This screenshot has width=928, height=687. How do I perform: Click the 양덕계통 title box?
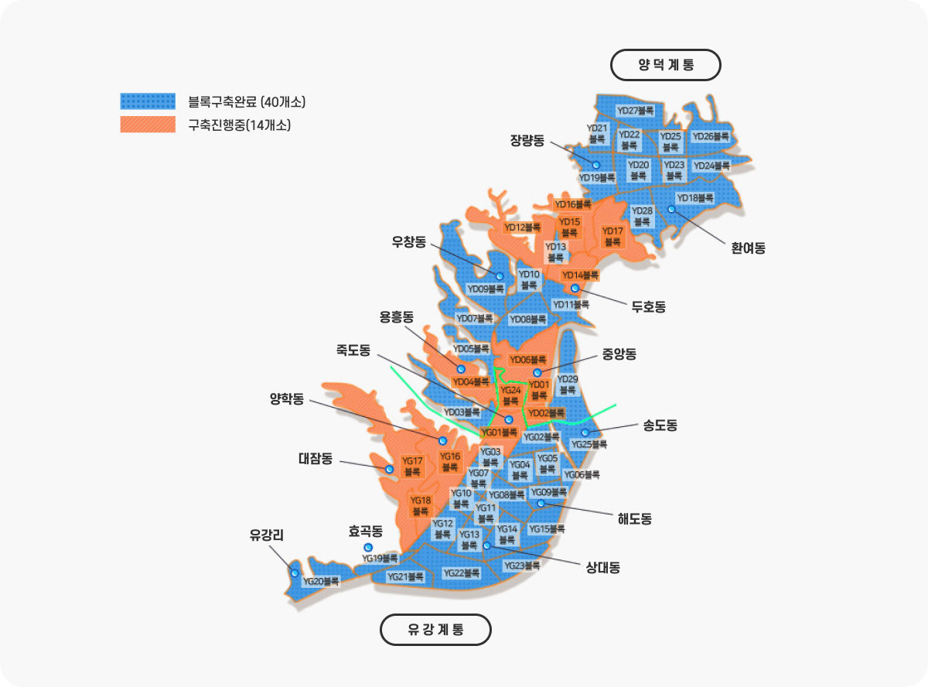[x=666, y=65]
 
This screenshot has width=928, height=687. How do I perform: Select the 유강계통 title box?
[x=435, y=630]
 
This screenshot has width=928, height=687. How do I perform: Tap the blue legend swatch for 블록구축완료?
[x=148, y=101]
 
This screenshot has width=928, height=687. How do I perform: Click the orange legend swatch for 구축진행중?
[x=148, y=124]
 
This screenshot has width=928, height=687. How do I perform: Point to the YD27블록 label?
[x=635, y=111]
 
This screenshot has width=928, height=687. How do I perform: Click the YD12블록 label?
[x=523, y=227]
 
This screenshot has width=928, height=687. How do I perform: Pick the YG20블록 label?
[x=321, y=581]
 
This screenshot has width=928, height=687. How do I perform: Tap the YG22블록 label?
[x=462, y=573]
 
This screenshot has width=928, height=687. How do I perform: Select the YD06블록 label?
[x=528, y=360]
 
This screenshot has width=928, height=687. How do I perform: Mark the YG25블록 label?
[x=589, y=444]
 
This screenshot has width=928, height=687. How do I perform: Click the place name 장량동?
[x=527, y=140]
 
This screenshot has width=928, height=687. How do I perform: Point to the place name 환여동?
[x=748, y=248]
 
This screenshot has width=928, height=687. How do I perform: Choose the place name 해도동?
[x=634, y=518]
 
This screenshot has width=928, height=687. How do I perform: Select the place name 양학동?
[x=287, y=399]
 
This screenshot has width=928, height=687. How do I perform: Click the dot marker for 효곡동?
[x=368, y=548]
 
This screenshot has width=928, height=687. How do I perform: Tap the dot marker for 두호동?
[x=575, y=289]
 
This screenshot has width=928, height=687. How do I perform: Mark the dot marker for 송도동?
[x=585, y=432]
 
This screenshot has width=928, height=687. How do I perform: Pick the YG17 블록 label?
[x=412, y=466]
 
